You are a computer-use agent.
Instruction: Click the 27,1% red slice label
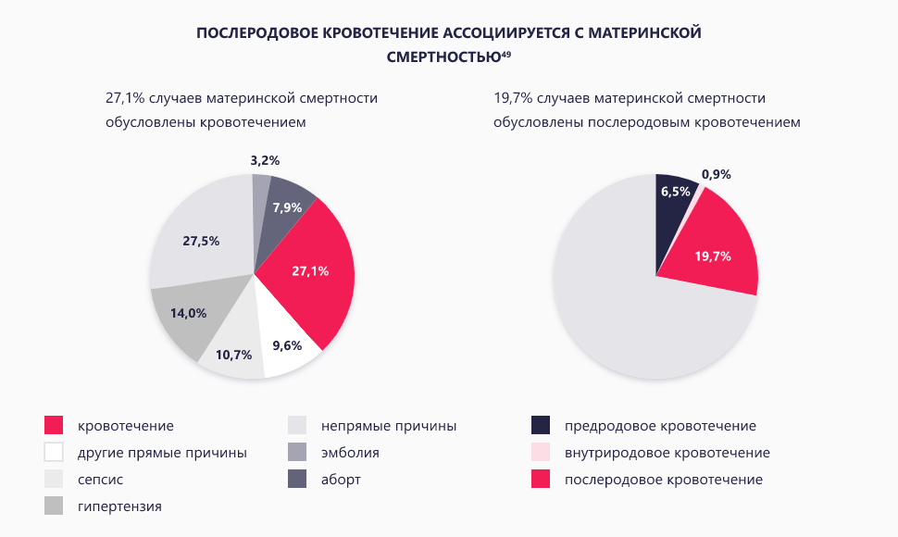click(309, 271)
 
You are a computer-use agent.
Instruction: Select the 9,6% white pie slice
click(288, 345)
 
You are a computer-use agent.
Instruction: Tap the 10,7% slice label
click(233, 354)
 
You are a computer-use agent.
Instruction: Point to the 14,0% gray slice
click(184, 313)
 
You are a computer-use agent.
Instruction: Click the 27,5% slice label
click(201, 241)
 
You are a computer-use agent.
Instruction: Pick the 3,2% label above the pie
click(265, 160)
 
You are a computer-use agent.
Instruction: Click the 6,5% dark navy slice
click(674, 192)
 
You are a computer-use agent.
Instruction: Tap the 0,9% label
click(717, 174)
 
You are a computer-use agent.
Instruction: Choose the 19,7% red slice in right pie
click(713, 256)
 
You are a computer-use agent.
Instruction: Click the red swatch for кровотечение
click(54, 426)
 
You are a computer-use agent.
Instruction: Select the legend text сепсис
click(101, 480)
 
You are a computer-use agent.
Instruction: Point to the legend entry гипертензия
click(119, 506)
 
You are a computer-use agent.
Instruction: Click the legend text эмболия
click(350, 453)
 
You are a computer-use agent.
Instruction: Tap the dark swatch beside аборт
click(297, 480)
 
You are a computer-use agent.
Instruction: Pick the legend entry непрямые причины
click(389, 426)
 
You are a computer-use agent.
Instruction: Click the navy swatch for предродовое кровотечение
click(541, 426)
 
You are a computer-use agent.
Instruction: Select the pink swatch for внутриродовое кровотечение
click(541, 453)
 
